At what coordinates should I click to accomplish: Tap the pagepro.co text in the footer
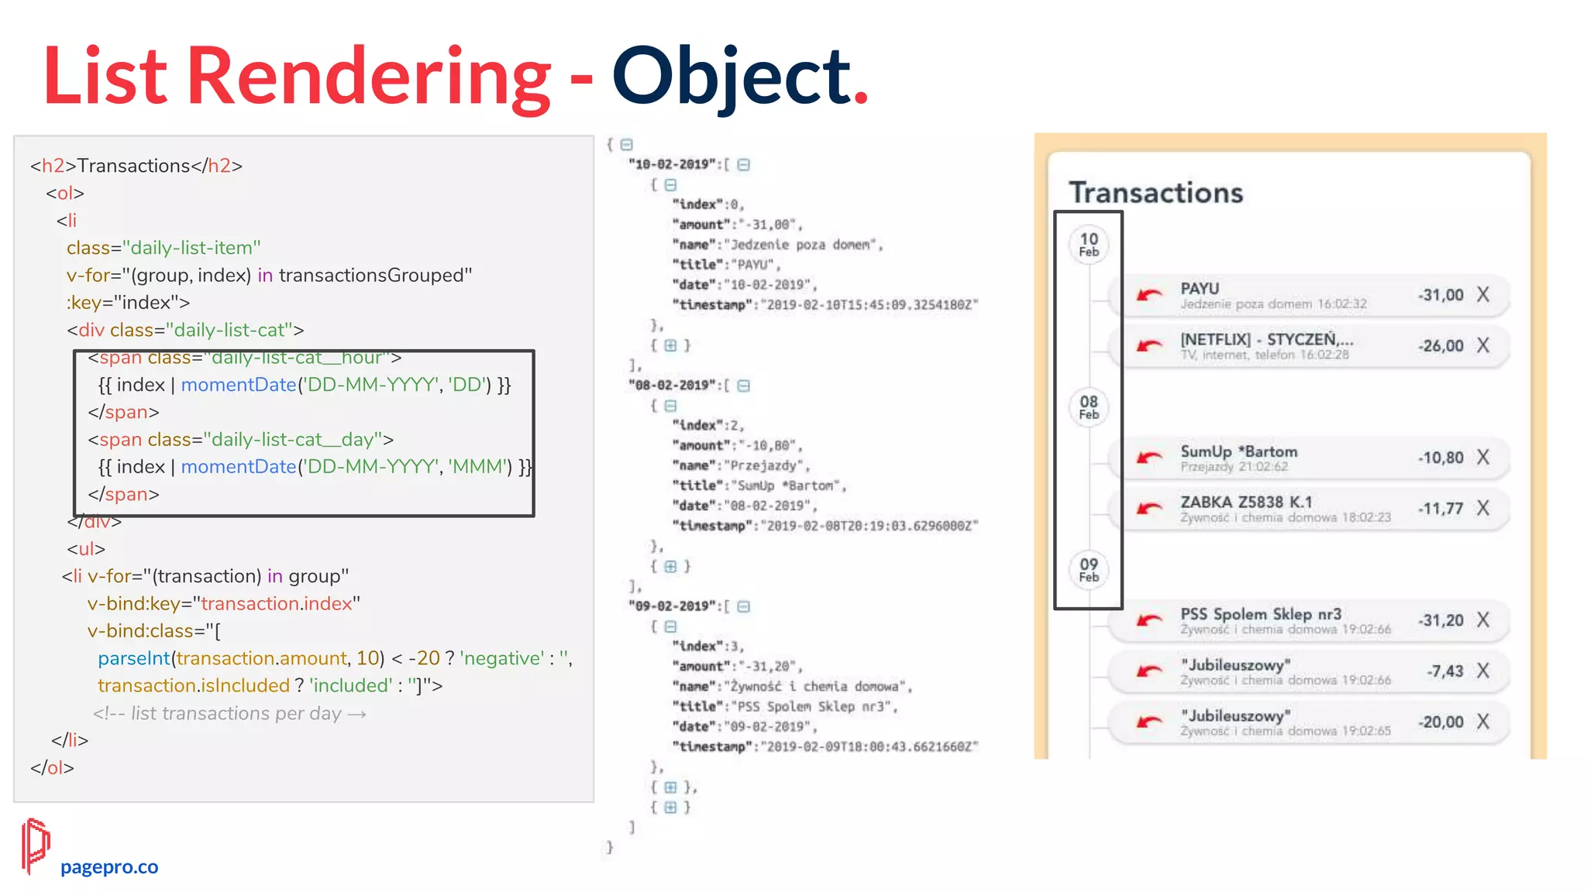pos(109,866)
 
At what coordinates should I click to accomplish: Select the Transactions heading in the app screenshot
pos(1155,193)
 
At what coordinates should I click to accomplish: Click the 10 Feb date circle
pos(1089,244)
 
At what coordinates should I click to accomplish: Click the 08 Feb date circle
pos(1089,407)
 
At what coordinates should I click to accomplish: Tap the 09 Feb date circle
pos(1089,569)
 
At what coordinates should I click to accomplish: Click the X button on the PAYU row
pos(1482,295)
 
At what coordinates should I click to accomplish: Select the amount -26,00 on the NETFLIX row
pos(1441,346)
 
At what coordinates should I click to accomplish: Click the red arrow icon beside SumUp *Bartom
pos(1148,458)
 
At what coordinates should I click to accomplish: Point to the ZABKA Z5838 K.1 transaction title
pos(1246,502)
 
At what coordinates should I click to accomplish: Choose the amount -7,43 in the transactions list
pos(1444,671)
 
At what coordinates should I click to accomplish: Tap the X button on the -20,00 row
pos(1482,722)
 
